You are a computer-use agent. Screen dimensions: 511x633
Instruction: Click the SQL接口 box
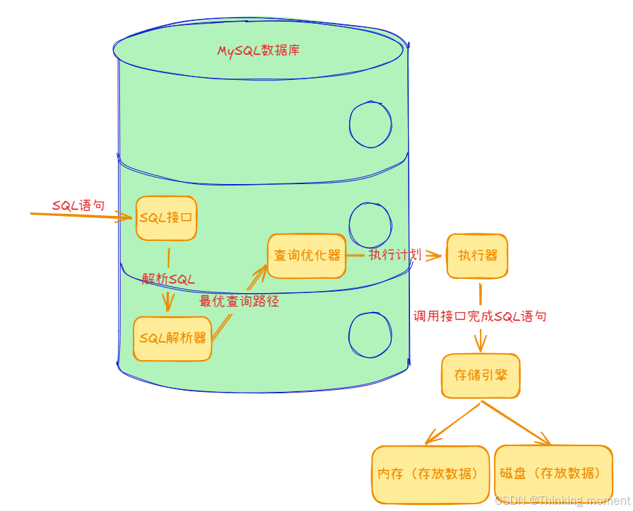(166, 218)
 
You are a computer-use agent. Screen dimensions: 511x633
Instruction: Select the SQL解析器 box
(172, 338)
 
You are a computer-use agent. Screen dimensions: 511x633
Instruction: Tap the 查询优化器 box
(306, 255)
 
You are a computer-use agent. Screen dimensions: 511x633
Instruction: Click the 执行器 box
(477, 255)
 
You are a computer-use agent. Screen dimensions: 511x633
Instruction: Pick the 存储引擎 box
(481, 375)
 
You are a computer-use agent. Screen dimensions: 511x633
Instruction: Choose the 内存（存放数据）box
(430, 474)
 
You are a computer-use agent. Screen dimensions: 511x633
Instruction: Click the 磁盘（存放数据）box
(553, 473)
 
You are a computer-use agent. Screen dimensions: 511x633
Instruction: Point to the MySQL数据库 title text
(258, 51)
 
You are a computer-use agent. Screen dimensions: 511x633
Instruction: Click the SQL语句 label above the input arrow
(79, 205)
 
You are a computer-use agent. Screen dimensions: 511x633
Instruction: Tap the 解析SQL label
(169, 279)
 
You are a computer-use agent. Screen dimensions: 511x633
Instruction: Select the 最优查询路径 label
(239, 301)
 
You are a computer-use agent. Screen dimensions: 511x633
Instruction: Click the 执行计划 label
(395, 254)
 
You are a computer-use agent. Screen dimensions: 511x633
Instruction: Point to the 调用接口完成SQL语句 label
(480, 316)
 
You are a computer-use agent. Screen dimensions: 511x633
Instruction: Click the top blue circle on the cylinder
(370, 124)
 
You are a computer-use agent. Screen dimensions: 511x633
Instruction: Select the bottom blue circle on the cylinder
(370, 336)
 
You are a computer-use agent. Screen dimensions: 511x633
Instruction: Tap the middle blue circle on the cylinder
(370, 224)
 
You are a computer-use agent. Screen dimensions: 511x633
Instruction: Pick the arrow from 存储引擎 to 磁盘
(515, 424)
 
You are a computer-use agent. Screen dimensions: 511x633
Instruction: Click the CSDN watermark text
(562, 501)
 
